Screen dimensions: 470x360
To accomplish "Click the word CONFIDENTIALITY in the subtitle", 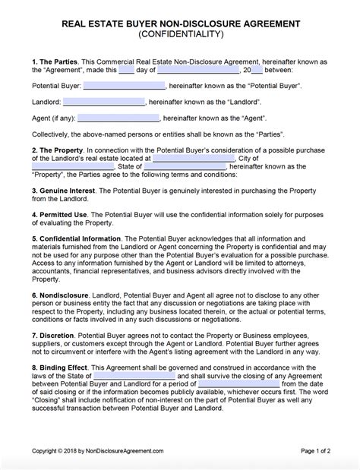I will pyautogui.click(x=179, y=35).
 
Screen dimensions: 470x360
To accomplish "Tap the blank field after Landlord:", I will pyautogui.click(x=100, y=101).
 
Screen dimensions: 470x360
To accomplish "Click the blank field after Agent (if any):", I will pyautogui.click(x=118, y=118).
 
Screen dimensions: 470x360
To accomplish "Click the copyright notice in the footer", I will pyautogui.click(x=96, y=452).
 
